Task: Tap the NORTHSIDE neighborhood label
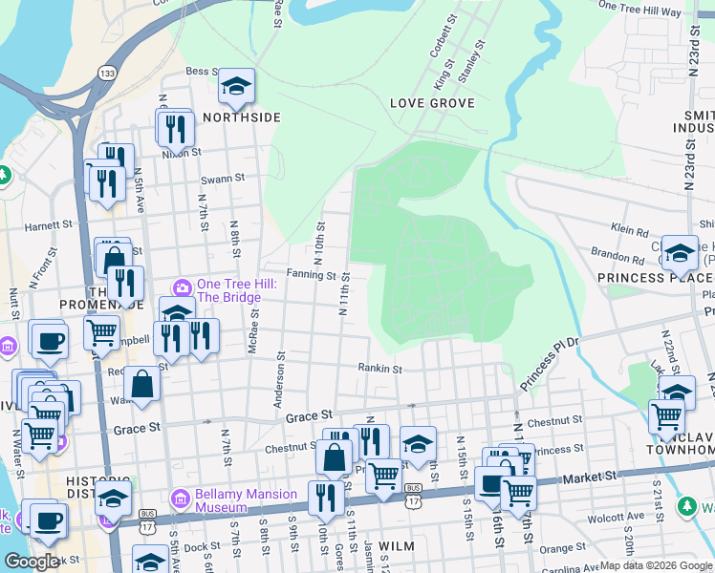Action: (x=242, y=117)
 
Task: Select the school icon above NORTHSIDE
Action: (x=236, y=88)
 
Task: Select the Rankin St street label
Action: (x=379, y=368)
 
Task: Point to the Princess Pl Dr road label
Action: (x=550, y=363)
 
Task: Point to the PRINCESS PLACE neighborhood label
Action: (x=643, y=278)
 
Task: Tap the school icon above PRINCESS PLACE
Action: (x=680, y=253)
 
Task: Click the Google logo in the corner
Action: (x=32, y=562)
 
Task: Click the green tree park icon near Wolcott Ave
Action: (x=686, y=505)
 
